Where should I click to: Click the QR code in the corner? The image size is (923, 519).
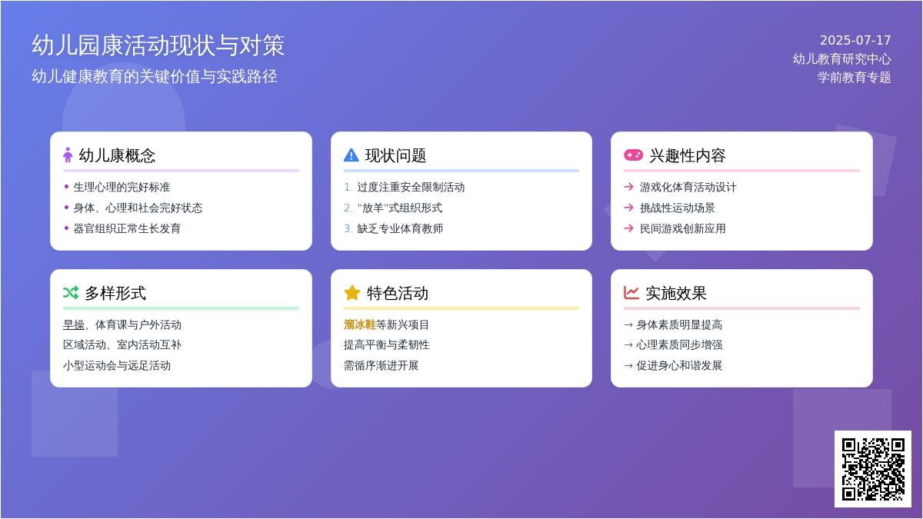(x=873, y=469)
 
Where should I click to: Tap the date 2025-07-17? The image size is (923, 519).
(x=855, y=40)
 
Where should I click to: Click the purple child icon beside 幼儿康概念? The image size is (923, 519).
(x=68, y=155)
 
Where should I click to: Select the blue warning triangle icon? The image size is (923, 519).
(x=351, y=155)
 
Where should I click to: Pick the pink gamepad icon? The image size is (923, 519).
(x=633, y=155)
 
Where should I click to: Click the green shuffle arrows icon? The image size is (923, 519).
(x=71, y=293)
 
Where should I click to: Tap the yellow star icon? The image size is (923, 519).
(x=352, y=293)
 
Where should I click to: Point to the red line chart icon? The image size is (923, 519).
(x=631, y=293)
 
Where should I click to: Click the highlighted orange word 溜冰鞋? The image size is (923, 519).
(x=360, y=324)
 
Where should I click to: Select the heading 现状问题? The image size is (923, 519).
(x=395, y=155)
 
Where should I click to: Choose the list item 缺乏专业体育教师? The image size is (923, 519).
(x=400, y=228)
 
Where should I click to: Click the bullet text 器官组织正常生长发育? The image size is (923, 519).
(x=127, y=228)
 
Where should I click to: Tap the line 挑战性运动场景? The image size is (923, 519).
(x=677, y=208)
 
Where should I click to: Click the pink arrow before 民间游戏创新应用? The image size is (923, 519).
(x=629, y=228)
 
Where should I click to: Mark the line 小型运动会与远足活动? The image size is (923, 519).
(x=117, y=365)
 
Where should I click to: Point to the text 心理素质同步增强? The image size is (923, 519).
(x=679, y=344)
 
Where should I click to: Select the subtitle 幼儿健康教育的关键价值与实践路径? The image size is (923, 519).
(x=155, y=77)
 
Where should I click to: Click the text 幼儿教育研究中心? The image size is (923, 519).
(x=841, y=59)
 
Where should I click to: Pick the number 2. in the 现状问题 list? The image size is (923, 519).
(x=348, y=208)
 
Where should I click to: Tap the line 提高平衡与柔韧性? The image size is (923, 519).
(x=386, y=344)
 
